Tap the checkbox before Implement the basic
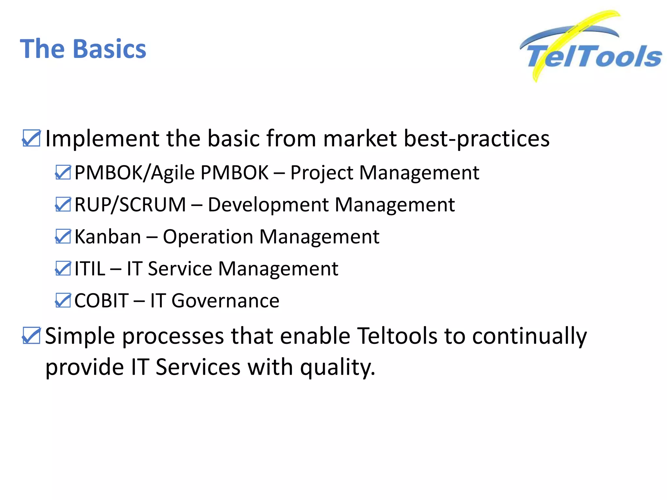tap(31, 139)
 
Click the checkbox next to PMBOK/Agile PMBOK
tap(63, 173)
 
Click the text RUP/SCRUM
tap(130, 205)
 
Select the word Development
tap(268, 205)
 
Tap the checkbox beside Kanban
tap(63, 237)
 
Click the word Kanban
tap(107, 237)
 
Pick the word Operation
tap(208, 237)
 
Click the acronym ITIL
tap(90, 269)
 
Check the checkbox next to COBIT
tap(63, 301)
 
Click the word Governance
tap(225, 301)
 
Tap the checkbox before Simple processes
tap(31, 336)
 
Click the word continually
tap(529, 336)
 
